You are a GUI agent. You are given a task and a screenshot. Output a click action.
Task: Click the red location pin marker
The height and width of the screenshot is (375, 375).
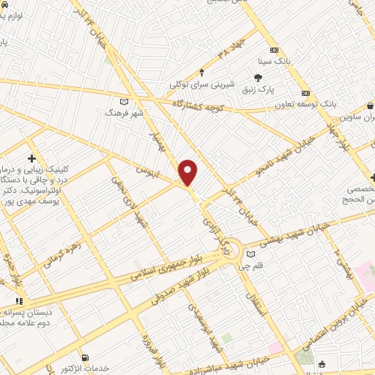point(188,171)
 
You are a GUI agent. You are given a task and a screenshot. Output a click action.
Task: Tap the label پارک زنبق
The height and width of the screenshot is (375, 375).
point(258,89)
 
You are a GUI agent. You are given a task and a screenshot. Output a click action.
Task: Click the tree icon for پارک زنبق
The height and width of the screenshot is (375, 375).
point(258,77)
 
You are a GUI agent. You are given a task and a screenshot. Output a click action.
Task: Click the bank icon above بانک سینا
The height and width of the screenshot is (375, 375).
point(274,50)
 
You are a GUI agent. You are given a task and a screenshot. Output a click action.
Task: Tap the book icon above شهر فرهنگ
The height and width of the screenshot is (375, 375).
point(123,101)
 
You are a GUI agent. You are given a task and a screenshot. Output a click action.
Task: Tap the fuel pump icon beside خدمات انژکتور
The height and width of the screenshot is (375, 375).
point(86,357)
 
